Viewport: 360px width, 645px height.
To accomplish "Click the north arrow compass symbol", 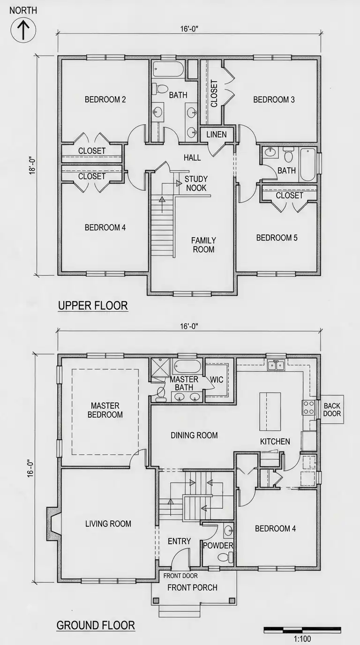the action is coord(23,30).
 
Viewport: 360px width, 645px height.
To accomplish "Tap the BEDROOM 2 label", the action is coord(105,100).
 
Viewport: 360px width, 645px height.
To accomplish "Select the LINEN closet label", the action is coord(216,135).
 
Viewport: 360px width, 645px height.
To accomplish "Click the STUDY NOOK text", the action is coord(196,183).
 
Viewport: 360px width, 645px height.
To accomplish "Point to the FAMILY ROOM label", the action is coord(203,245).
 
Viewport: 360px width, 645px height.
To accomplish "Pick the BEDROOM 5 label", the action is coord(277,238).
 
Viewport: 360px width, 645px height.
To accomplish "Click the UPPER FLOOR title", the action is coord(93,306).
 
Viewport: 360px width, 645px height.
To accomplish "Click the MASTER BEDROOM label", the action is coord(105,410).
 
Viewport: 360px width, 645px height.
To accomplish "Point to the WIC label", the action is coord(217,380).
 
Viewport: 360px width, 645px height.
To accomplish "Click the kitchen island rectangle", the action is coord(270,412).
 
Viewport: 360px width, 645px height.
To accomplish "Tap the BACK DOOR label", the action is coord(332,410).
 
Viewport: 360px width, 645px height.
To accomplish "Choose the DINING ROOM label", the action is coord(194,435).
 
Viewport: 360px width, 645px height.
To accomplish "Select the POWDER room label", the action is coord(218,545).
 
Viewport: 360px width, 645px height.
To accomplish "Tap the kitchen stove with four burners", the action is coord(309,407).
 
